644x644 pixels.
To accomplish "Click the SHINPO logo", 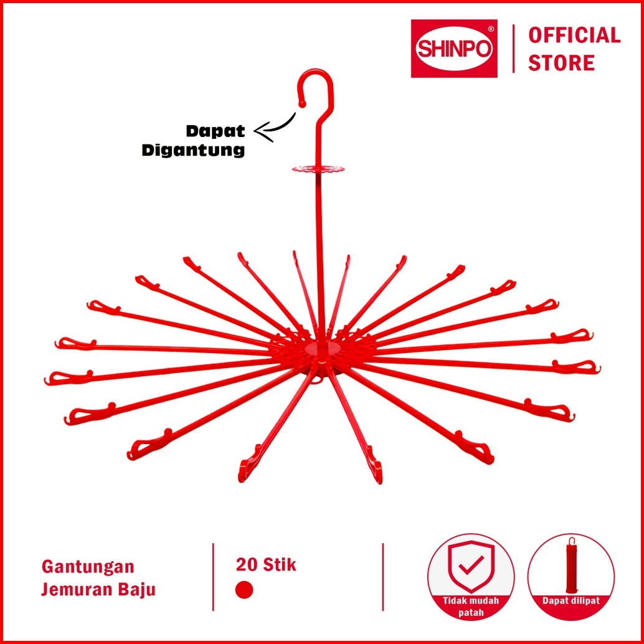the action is (454, 49).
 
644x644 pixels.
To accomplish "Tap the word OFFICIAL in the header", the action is (574, 36).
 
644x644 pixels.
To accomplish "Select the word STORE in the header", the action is (561, 63).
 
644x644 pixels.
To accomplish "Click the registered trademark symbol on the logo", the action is (490, 29).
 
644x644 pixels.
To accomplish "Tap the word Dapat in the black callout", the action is (215, 131).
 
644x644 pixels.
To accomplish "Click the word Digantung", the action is (193, 150).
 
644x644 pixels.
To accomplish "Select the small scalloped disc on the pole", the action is (318, 169).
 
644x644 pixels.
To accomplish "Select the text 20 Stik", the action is (266, 565).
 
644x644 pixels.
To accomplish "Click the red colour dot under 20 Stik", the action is (244, 590).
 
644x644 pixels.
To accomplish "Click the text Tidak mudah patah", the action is (471, 607).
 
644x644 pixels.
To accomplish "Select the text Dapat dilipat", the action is (571, 601).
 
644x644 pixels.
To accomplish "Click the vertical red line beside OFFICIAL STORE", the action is (513, 49).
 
